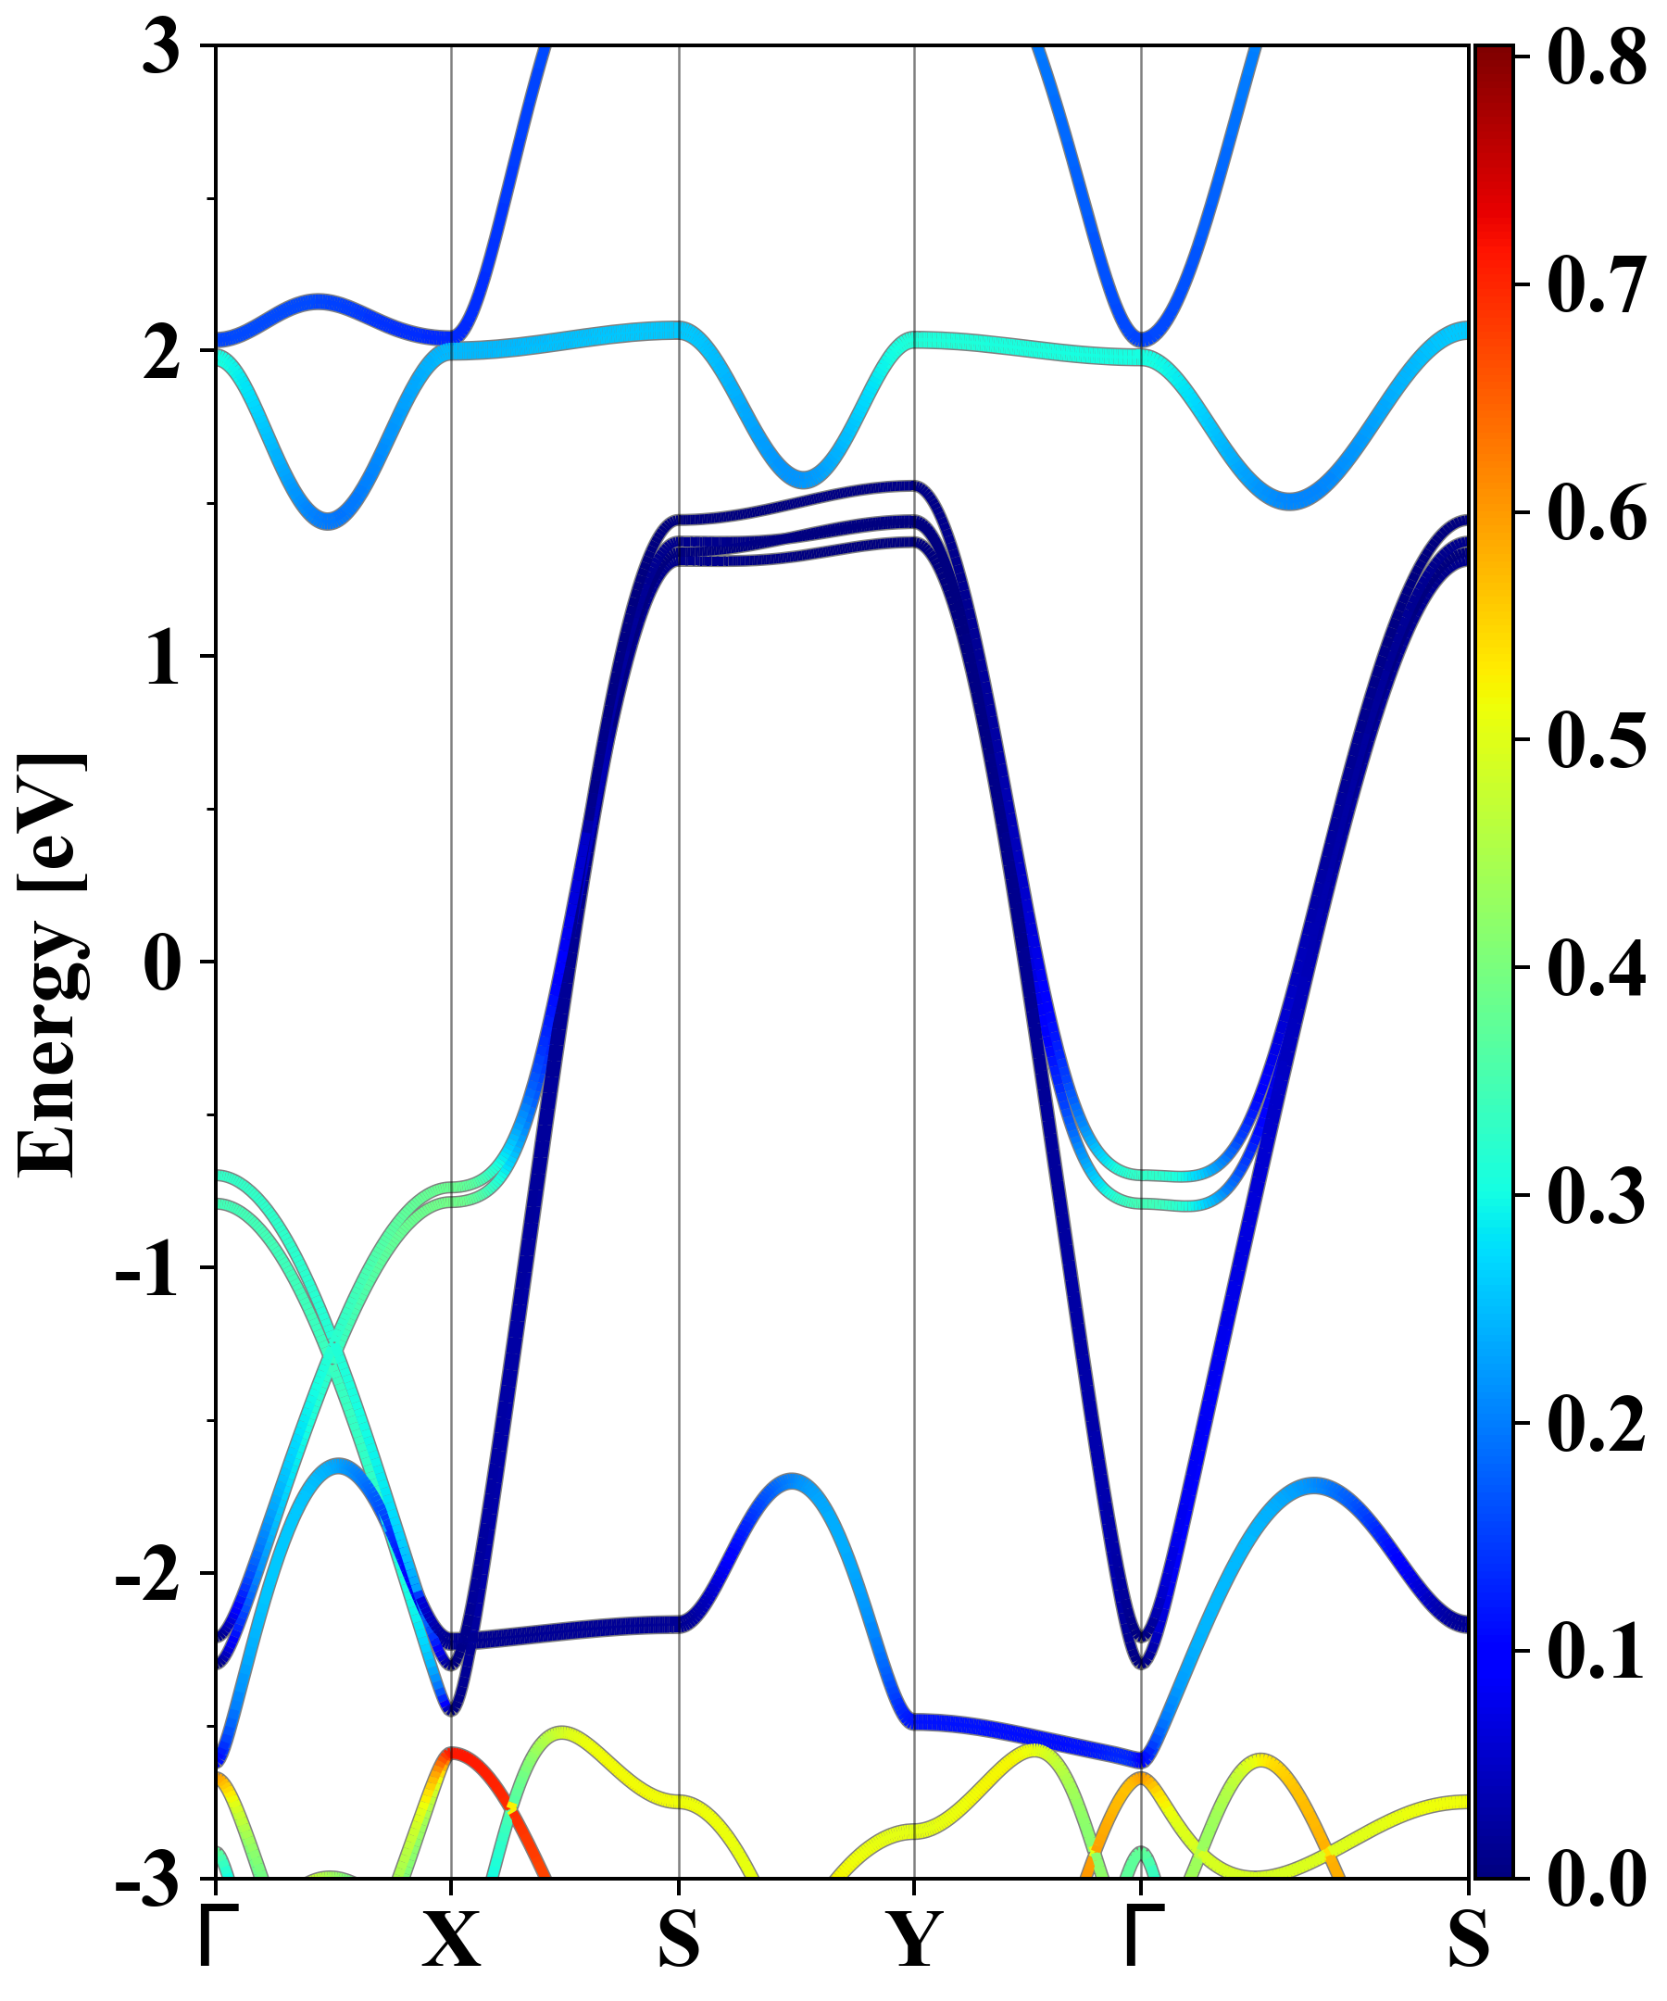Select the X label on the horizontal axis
point(452,1939)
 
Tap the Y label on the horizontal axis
point(914,1939)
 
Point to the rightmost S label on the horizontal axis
point(1468,1939)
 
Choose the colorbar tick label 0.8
point(1597,57)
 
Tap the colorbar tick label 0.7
point(1597,285)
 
